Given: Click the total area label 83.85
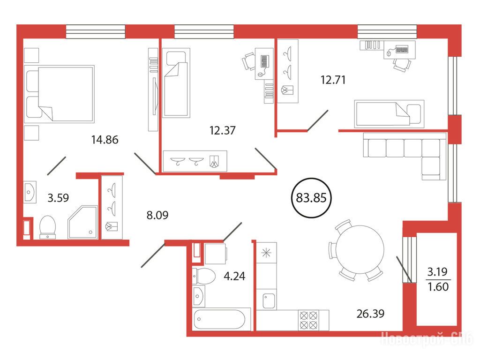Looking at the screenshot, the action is coord(311,198).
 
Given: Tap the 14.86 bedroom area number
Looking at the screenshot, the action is coord(105,140).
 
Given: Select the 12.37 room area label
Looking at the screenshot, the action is coord(223,130).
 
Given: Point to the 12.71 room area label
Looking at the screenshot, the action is coord(333,80).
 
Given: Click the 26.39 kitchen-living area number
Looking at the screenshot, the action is coord(370,314).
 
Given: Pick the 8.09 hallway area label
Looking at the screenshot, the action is coord(157,215).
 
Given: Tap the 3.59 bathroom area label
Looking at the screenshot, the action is coord(58,198).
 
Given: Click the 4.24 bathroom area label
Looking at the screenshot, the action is coord(234,276).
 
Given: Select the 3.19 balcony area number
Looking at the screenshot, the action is coord(437,271).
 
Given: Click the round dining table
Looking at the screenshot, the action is coord(360,249).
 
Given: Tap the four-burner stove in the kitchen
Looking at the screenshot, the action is coord(308,320).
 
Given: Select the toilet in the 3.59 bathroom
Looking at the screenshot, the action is coord(47,227).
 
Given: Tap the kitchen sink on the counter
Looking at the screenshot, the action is coord(269,301).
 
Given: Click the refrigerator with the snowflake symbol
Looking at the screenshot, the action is coord(267,253).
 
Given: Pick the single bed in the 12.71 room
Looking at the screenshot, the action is coord(389,114).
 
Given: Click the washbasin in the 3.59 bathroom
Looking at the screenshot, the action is coord(30,192).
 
